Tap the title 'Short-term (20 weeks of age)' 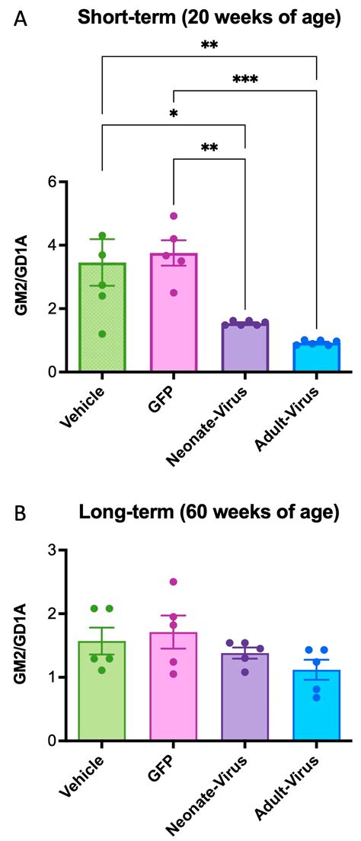[x=209, y=16]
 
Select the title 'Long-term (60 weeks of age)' [x=209, y=512]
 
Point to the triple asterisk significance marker [x=245, y=79]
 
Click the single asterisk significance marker [x=174, y=113]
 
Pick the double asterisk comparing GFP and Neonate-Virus [x=209, y=148]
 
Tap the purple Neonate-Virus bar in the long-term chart [x=244, y=700]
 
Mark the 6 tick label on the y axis [x=52, y=182]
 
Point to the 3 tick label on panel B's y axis [x=52, y=550]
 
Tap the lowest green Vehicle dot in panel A [x=102, y=333]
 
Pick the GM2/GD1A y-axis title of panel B [x=21, y=645]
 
